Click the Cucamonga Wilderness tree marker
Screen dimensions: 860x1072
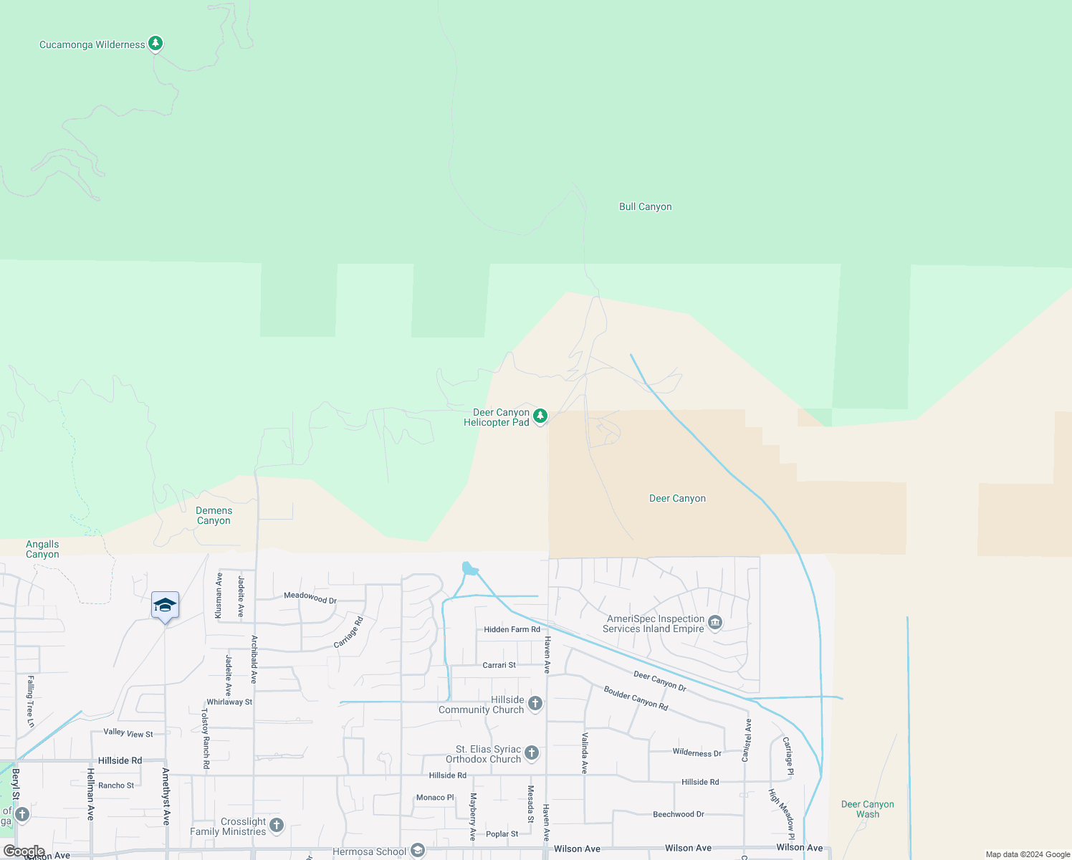[155, 44]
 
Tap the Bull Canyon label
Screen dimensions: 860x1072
[645, 206]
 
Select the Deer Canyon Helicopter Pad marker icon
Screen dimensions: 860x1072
[540, 416]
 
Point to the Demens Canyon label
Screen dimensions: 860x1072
[214, 515]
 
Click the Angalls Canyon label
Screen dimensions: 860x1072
[42, 549]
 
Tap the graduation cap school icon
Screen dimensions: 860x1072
[165, 606]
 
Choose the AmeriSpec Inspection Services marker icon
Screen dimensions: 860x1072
[714, 623]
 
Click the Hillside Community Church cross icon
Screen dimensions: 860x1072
[535, 704]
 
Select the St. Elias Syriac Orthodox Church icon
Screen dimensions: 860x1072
[531, 752]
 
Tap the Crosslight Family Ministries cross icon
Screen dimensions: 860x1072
[277, 826]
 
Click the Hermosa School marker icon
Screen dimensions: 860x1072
[418, 851]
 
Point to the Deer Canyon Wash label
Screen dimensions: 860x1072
[867, 809]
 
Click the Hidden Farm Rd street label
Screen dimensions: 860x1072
[512, 629]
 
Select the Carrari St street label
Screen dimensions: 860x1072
[499, 665]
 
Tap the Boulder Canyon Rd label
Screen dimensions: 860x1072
[636, 698]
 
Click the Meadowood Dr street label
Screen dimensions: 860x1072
[310, 597]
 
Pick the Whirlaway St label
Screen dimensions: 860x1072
[229, 702]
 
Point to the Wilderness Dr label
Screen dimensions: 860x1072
[697, 752]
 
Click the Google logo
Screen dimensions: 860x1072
[24, 851]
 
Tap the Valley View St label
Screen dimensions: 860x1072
[128, 732]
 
